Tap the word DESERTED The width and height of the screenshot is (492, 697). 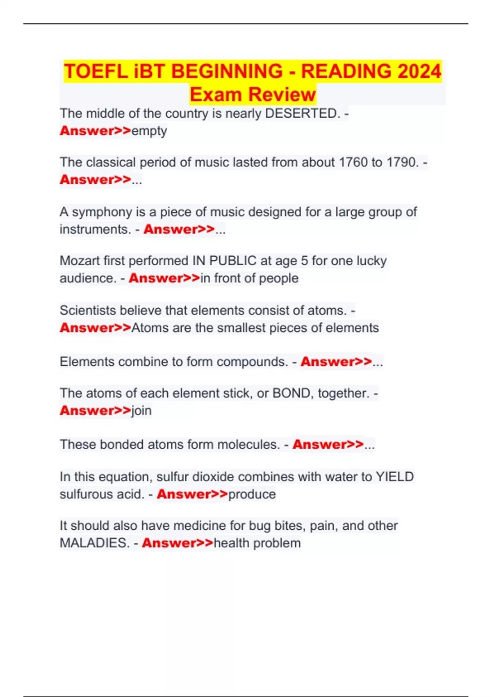pyautogui.click(x=303, y=113)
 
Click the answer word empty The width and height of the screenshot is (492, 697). pyautogui.click(x=149, y=131)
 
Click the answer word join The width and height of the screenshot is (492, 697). pyautogui.click(x=141, y=410)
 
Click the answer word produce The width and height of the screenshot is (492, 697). pyautogui.click(x=252, y=494)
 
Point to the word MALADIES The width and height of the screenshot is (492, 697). pyautogui.click(x=95, y=543)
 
